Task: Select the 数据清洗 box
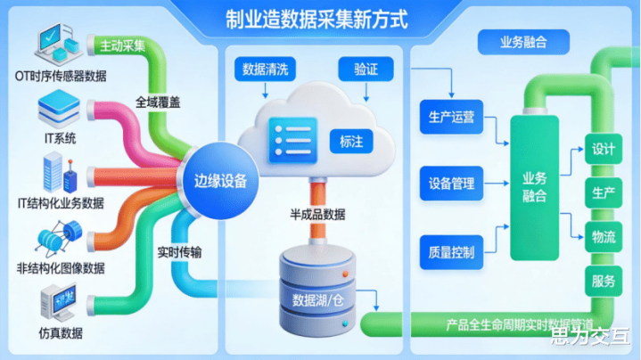[x=265, y=70]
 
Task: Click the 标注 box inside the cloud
[x=349, y=140]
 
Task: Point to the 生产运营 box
[x=451, y=117]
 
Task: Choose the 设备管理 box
[x=451, y=184]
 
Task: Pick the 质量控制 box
[x=451, y=251]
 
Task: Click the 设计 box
[x=604, y=149]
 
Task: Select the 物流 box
[x=604, y=237]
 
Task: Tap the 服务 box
[x=604, y=282]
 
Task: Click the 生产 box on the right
[x=604, y=193]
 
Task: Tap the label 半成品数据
[x=317, y=214]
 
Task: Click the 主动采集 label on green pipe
[x=123, y=45]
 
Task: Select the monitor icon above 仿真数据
[x=57, y=303]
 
